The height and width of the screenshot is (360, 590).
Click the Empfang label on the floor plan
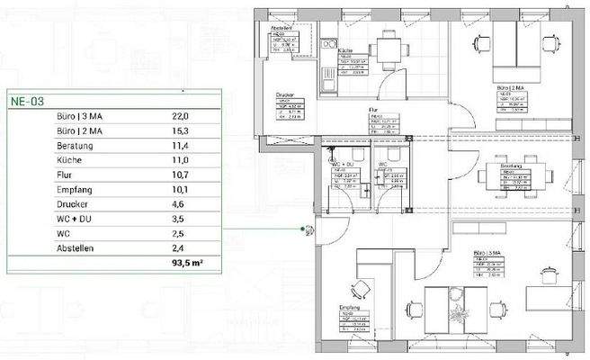click(x=348, y=307)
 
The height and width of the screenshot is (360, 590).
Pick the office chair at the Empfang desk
click(x=361, y=289)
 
